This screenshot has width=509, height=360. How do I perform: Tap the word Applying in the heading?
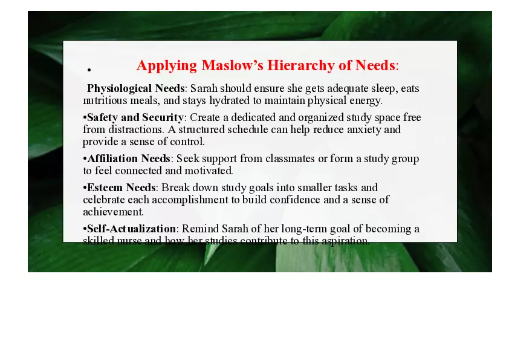(x=167, y=65)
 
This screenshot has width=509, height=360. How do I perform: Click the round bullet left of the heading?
(x=89, y=70)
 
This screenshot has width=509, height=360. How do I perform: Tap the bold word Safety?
(x=103, y=117)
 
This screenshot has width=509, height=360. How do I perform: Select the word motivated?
(x=209, y=171)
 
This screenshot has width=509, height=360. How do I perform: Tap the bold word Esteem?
(x=105, y=188)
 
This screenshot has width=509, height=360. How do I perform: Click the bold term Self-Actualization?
(x=131, y=229)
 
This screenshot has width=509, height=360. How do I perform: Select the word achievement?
(x=112, y=212)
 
